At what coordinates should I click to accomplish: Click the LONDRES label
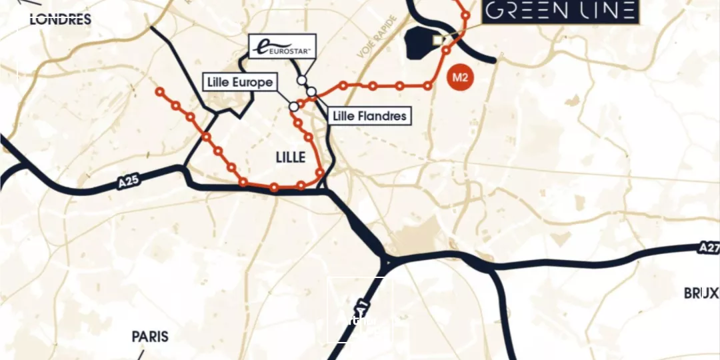tap(60, 19)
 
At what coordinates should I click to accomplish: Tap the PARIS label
tap(150, 337)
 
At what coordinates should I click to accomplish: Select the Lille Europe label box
tap(240, 83)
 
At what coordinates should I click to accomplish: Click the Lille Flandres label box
tap(369, 116)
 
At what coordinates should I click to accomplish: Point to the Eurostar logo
tap(282, 47)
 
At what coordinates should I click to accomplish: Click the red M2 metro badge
tap(461, 77)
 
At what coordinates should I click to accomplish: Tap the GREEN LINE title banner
tap(561, 11)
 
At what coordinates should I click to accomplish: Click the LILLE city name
tap(290, 157)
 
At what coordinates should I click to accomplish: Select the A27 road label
tap(709, 247)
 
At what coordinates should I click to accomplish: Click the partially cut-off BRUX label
tap(701, 293)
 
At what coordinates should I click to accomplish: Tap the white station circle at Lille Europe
tap(293, 106)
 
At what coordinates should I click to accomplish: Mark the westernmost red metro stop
tap(159, 91)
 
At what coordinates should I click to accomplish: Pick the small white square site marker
tap(437, 41)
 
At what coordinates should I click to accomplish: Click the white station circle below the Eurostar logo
tap(302, 80)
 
